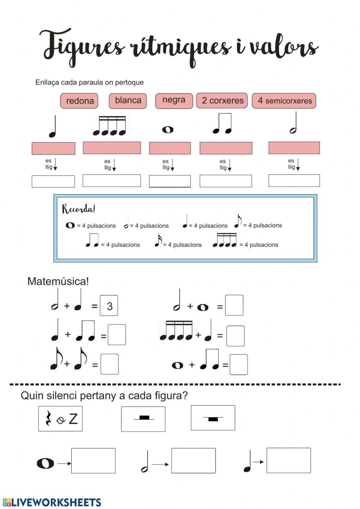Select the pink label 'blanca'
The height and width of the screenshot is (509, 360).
coord(128,101)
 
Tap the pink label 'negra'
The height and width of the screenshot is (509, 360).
coord(174,100)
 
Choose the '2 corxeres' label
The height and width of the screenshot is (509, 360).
coord(222,101)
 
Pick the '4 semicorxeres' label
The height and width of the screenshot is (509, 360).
coord(284,101)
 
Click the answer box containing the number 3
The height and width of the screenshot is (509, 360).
coord(109,306)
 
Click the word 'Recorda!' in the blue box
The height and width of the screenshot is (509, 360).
coord(78,209)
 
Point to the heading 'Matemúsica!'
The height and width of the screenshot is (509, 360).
coord(58,281)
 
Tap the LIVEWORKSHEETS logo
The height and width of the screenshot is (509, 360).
coord(52,502)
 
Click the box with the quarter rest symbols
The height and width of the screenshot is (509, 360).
coord(60,418)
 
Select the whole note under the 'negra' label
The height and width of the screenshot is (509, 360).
coord(168,129)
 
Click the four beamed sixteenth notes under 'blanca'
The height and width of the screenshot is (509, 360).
coord(110,126)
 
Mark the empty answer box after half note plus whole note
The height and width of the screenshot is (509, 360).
coord(234,305)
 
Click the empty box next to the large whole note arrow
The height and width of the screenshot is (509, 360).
coord(93,461)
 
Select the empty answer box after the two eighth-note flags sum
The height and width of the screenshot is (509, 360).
coord(109,364)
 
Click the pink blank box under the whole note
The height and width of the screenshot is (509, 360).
coord(170,148)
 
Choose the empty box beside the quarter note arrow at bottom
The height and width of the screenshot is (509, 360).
coord(288,460)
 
